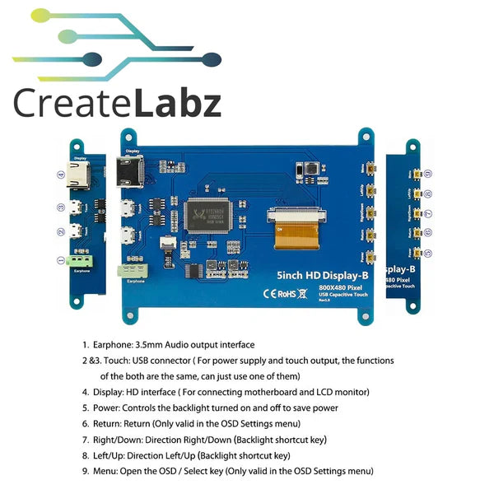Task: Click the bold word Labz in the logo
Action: click(x=178, y=105)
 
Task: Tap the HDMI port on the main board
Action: click(x=129, y=173)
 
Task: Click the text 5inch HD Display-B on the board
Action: click(x=315, y=273)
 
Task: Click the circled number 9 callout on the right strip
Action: click(x=439, y=175)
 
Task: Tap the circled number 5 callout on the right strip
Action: click(x=439, y=253)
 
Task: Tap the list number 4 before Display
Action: click(x=86, y=392)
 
